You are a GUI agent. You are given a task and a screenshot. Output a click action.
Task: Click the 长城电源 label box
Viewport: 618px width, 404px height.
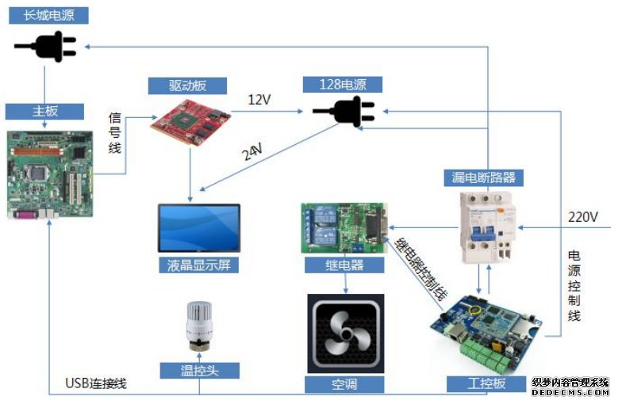48,15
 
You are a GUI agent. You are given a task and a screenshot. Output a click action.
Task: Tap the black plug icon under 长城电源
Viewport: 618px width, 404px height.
45,47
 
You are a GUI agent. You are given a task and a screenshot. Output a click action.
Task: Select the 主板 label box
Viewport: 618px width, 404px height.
44,112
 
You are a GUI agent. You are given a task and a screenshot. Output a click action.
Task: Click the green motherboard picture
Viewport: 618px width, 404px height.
50,174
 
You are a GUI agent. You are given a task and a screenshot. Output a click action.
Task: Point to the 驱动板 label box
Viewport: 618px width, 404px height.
187,86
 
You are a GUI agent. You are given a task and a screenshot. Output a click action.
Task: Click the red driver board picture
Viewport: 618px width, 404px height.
190,123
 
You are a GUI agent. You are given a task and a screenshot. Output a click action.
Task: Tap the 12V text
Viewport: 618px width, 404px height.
259,100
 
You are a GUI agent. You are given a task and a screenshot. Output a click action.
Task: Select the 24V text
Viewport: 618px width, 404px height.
252,152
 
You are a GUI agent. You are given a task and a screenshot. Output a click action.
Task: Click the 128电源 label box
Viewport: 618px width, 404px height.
343,85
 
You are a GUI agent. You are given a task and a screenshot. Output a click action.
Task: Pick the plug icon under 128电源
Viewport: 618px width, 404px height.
344,112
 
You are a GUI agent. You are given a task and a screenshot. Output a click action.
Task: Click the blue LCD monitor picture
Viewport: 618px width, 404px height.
199,228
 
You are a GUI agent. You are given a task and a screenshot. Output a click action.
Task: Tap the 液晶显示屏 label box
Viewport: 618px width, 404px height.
199,265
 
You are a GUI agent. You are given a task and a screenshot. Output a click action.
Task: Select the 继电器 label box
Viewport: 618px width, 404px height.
344,265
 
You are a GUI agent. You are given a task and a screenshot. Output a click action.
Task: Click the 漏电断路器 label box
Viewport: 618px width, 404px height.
484,177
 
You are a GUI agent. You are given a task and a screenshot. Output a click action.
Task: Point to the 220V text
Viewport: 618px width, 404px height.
583,217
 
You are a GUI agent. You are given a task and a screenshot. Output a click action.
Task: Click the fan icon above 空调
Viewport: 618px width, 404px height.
346,333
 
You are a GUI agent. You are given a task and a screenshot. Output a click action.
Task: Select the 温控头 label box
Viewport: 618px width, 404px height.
199,371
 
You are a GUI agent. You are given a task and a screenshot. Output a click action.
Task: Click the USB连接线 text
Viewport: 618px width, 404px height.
96,383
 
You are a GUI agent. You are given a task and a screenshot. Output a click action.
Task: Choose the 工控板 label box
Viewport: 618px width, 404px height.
486,384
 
